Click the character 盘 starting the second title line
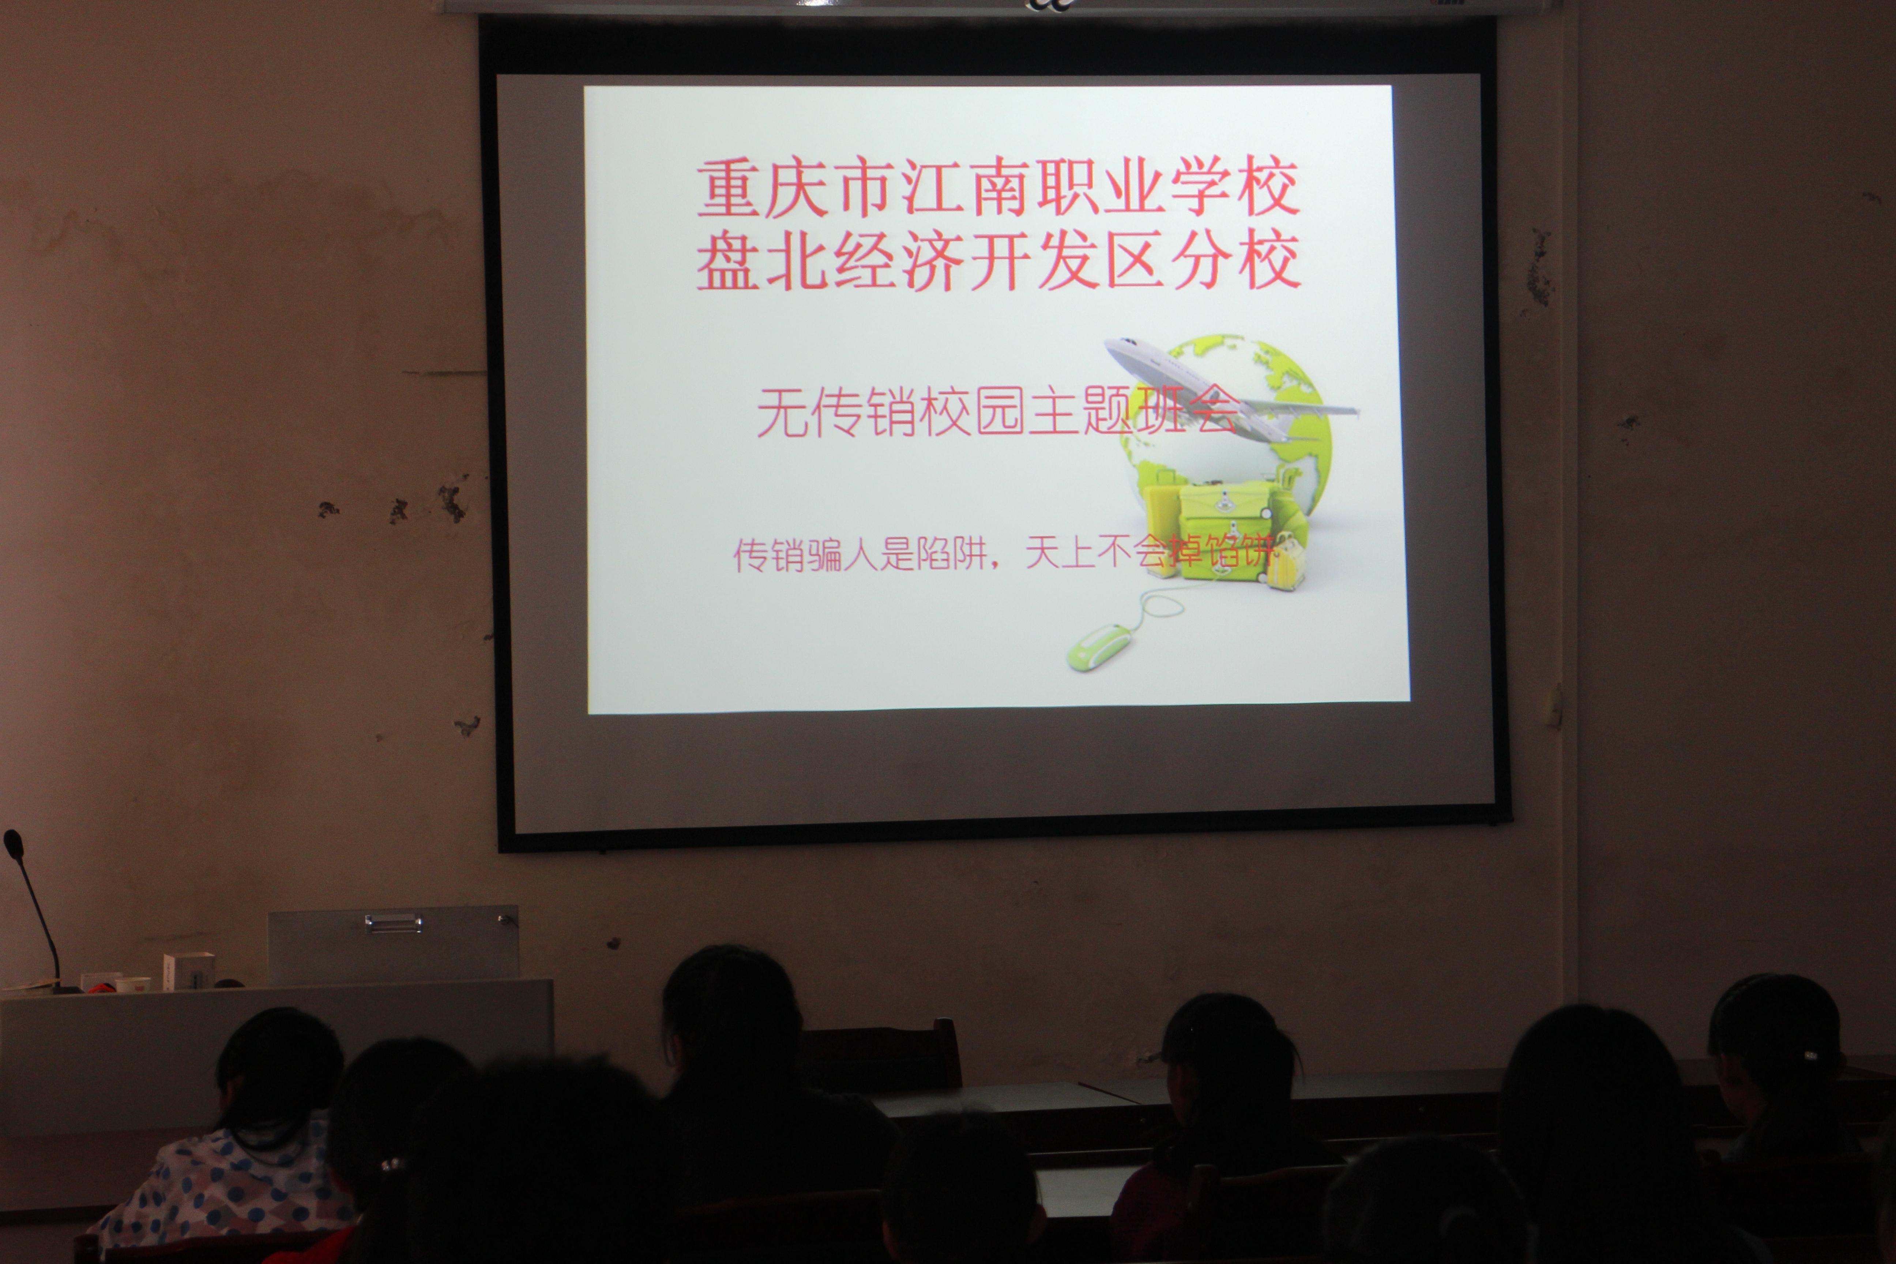coord(727,260)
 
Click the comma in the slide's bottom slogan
coord(997,563)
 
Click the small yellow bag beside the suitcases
coord(1283,563)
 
